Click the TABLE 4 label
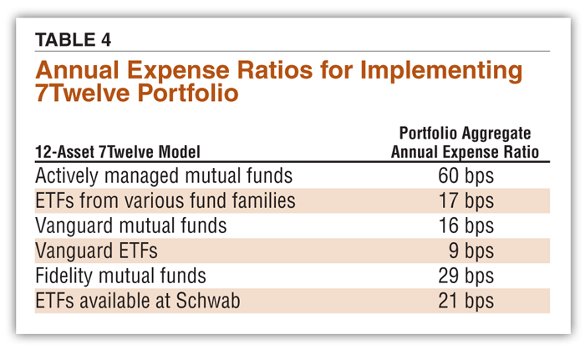pyautogui.click(x=73, y=39)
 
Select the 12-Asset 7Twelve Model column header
pyautogui.click(x=118, y=152)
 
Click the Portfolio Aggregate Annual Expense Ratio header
pyautogui.click(x=465, y=143)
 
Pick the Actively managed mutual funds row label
pyautogui.click(x=164, y=175)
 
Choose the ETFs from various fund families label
pyautogui.click(x=165, y=200)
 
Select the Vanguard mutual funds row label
pyautogui.click(x=130, y=226)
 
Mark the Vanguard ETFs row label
pyautogui.click(x=97, y=251)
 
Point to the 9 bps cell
pyautogui.click(x=471, y=251)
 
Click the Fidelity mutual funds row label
pyautogui.click(x=120, y=275)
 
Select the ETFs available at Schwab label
pyautogui.click(x=137, y=300)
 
